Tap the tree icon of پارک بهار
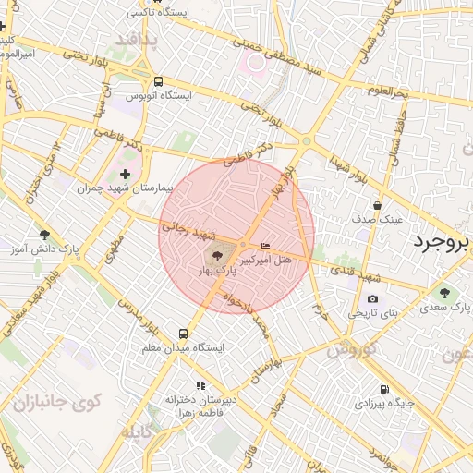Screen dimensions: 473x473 coord(216,255)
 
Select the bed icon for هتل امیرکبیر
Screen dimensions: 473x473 coord(266,246)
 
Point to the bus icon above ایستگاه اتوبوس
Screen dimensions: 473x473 coord(158,80)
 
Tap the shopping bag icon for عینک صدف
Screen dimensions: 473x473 coord(377,205)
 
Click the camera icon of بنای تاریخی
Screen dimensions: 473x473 coord(372,298)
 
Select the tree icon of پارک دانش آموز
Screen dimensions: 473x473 coord(44,235)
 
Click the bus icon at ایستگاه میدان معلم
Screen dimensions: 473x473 coord(183,333)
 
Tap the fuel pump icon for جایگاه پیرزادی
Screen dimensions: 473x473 coord(384,389)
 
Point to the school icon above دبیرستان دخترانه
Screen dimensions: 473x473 coord(200,385)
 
